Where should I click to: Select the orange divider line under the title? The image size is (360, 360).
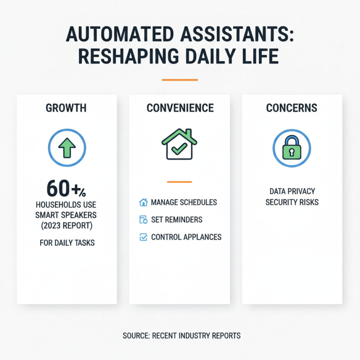[180, 80]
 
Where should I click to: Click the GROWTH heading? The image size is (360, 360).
[66, 108]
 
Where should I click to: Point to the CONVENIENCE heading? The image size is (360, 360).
[180, 108]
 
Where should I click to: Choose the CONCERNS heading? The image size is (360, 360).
[292, 108]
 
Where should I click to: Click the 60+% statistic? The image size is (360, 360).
[66, 189]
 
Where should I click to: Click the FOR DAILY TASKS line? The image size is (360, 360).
[67, 243]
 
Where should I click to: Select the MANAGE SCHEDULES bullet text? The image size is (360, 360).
[184, 202]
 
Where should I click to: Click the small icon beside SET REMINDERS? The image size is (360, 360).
[144, 220]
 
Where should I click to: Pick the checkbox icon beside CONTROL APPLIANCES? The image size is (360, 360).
[144, 237]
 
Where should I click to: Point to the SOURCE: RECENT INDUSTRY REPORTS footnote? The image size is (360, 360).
[181, 336]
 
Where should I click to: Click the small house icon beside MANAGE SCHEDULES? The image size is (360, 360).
[144, 202]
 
